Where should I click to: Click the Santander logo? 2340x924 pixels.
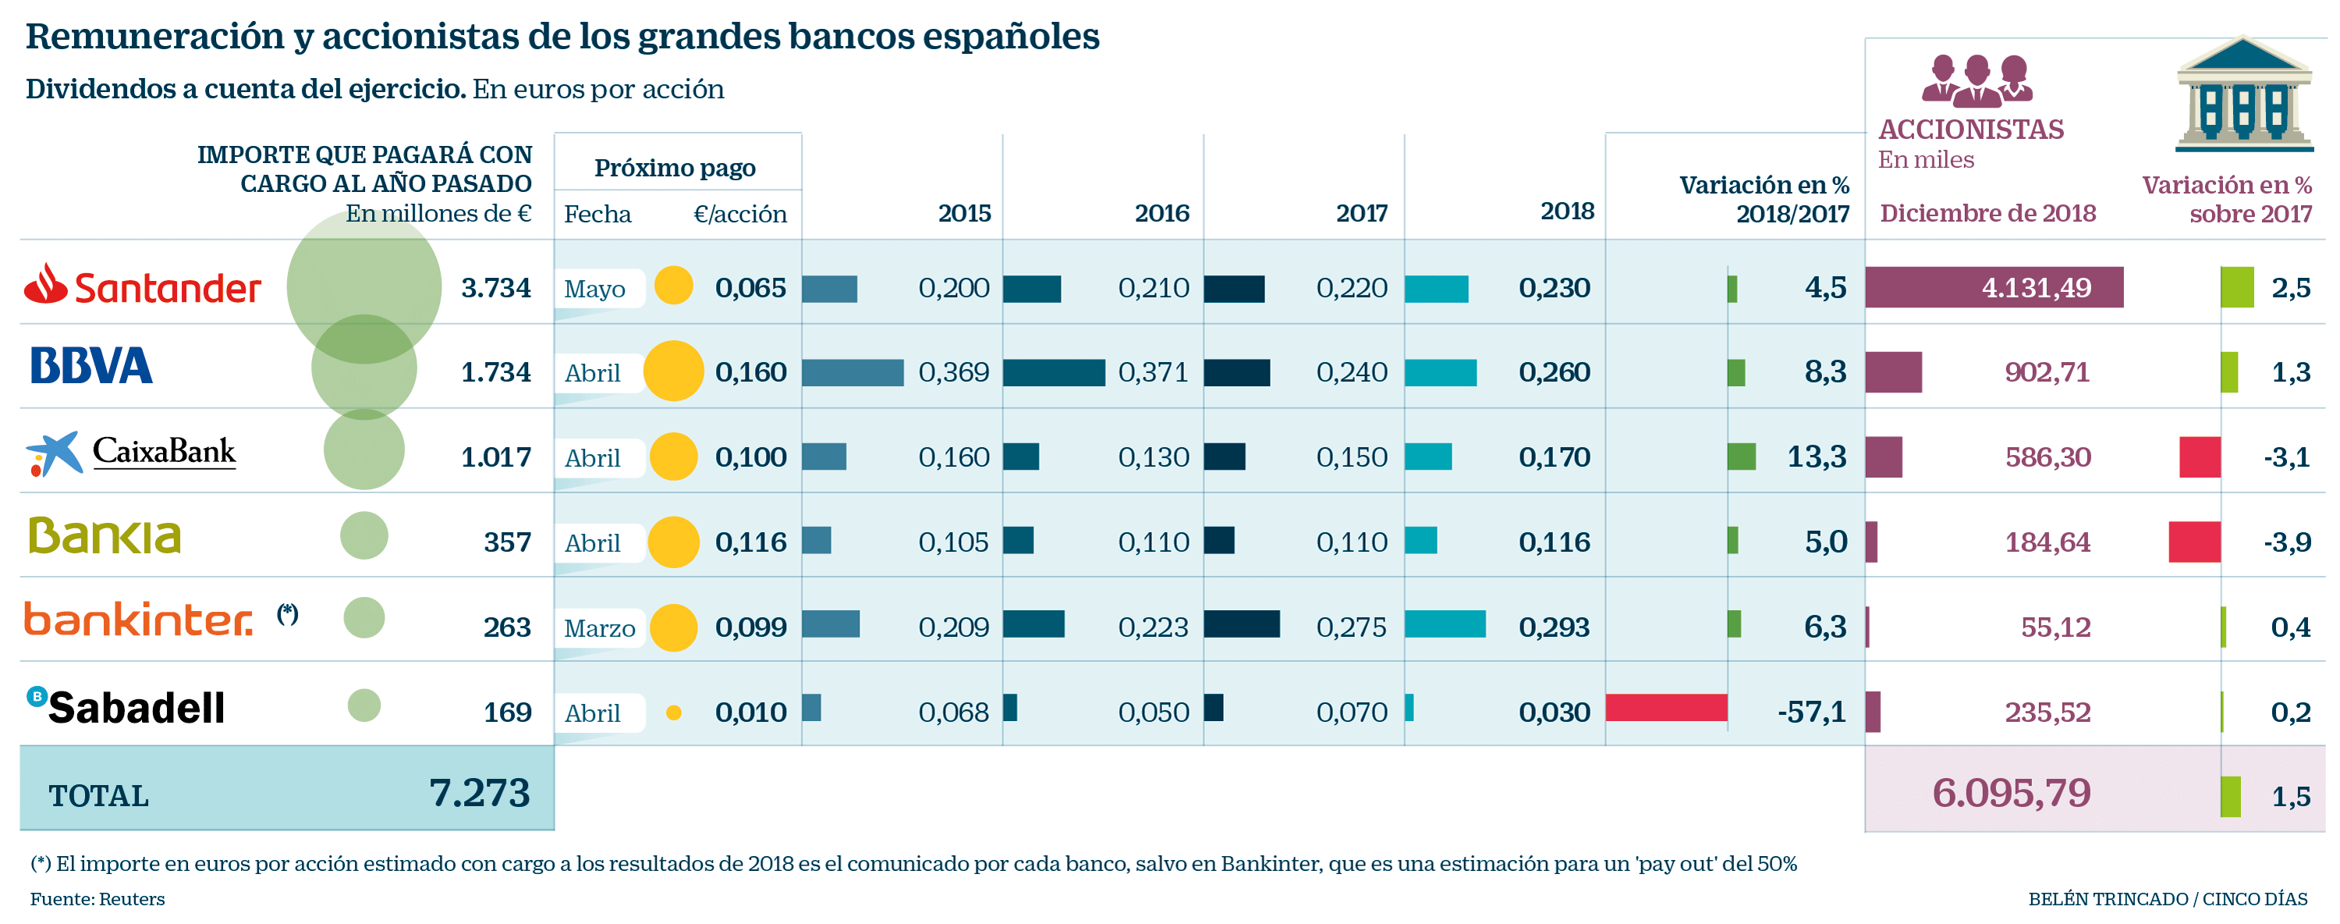142,286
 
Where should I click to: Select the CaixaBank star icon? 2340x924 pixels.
54,453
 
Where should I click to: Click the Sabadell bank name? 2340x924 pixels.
136,708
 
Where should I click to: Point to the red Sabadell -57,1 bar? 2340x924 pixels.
1666,708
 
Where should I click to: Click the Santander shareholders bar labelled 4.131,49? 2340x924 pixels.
1994,287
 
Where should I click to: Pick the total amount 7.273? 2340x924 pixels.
479,793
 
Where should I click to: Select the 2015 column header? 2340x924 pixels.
964,214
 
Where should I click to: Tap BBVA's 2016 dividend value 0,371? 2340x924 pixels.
1153,371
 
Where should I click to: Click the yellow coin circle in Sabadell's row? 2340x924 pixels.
673,713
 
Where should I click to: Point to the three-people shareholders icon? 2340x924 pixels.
1977,80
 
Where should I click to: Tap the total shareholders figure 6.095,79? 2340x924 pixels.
2011,793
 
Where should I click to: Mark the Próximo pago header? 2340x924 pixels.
675,168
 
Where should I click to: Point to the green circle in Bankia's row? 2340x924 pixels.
364,535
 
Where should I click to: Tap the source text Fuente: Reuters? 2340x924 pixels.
98,898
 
